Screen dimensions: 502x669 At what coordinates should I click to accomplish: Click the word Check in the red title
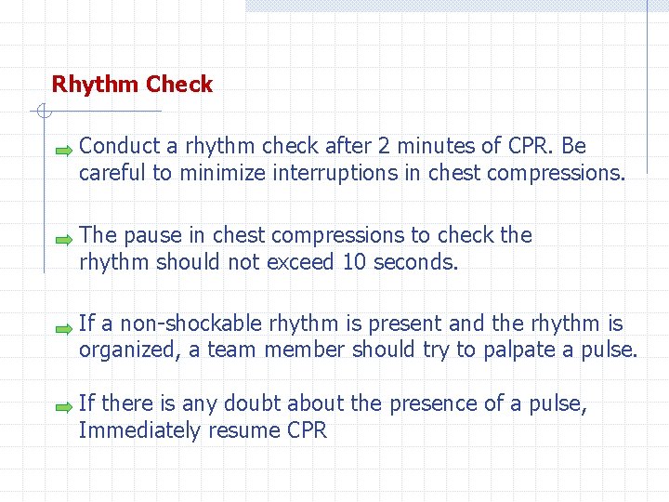[179, 85]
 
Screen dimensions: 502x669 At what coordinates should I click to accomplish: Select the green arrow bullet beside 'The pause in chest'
[62, 239]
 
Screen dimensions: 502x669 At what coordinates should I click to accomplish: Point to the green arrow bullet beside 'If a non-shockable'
[62, 328]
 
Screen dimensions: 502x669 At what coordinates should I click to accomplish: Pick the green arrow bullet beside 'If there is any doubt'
[62, 407]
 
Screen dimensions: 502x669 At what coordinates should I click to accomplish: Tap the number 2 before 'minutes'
[384, 146]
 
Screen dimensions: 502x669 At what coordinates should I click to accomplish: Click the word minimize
[221, 173]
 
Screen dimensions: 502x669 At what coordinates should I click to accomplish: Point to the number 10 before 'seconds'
[354, 262]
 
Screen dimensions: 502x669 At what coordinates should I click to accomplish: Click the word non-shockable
[182, 324]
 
